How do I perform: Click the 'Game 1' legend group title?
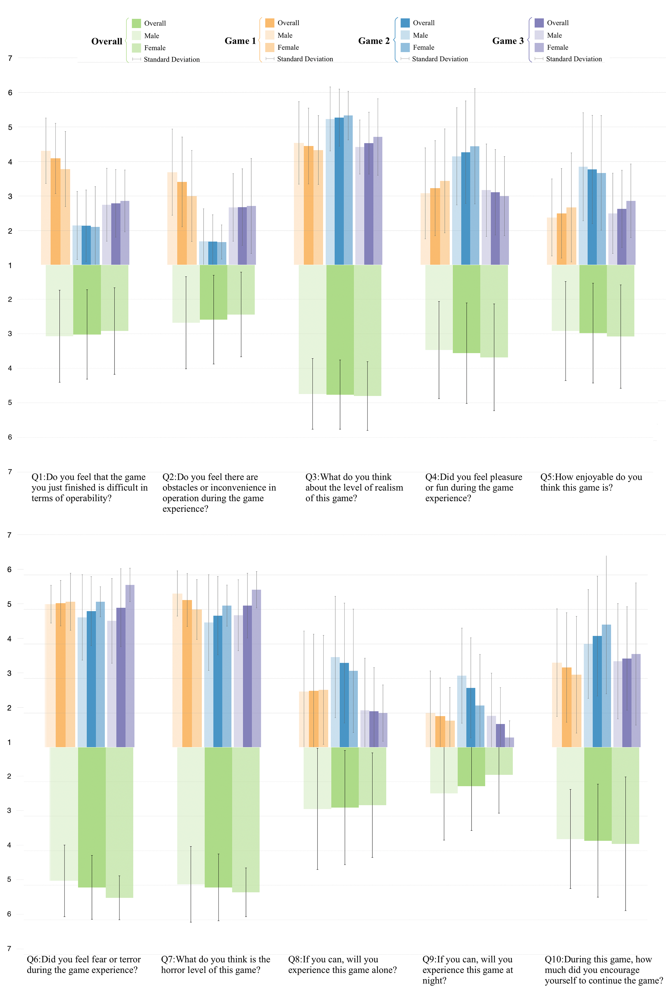[240, 41]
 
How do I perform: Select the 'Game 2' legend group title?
[374, 41]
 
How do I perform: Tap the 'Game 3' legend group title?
[508, 41]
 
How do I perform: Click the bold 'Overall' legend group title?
[106, 41]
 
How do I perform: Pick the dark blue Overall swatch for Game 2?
[405, 23]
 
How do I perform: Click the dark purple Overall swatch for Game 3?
[539, 23]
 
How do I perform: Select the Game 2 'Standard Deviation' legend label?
[440, 59]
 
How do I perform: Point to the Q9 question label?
[467, 970]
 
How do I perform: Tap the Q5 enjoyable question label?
[591, 482]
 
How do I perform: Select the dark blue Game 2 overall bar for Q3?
[339, 191]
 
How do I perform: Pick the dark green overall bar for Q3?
[340, 330]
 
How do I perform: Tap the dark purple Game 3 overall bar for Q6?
[121, 678]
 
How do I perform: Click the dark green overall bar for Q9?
[471, 767]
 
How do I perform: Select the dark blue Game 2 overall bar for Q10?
[597, 692]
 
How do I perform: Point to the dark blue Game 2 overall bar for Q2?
[213, 253]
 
